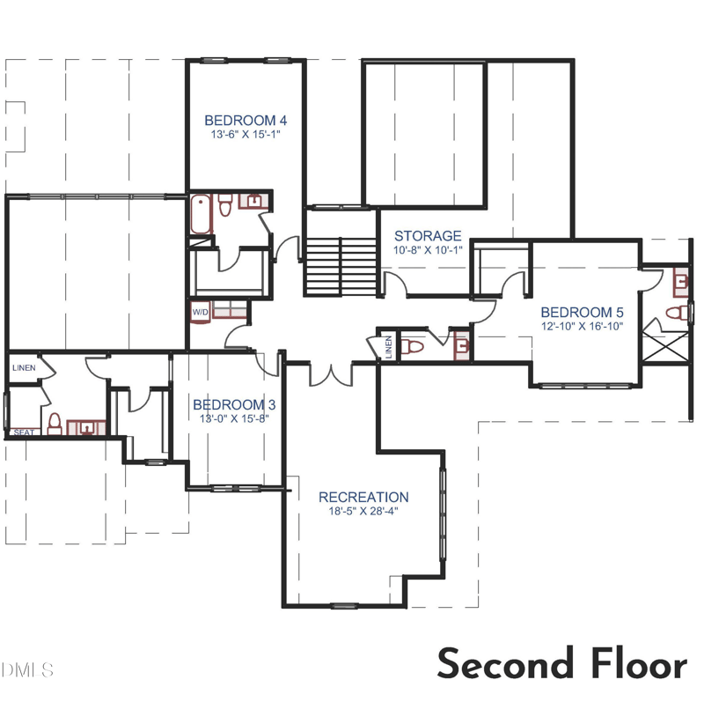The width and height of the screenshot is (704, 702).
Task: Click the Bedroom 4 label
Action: pyautogui.click(x=246, y=121)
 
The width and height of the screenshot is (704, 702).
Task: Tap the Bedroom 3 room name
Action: pyautogui.click(x=234, y=404)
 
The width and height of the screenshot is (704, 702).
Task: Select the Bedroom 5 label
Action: pyautogui.click(x=582, y=313)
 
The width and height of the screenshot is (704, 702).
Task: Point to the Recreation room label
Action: pyautogui.click(x=363, y=497)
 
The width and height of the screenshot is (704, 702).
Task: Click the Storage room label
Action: pyautogui.click(x=428, y=236)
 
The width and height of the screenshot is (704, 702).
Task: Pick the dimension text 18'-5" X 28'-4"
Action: pyautogui.click(x=363, y=511)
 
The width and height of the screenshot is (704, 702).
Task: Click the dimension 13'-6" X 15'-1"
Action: pyautogui.click(x=246, y=135)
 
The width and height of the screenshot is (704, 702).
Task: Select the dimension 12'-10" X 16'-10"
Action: pyautogui.click(x=583, y=326)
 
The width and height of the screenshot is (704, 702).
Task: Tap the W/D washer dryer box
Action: pyautogui.click(x=201, y=312)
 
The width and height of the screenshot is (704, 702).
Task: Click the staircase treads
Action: pyautogui.click(x=341, y=266)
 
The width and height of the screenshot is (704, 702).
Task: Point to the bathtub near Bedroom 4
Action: pyautogui.click(x=201, y=214)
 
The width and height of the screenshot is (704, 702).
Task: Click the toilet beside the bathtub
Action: pyautogui.click(x=224, y=205)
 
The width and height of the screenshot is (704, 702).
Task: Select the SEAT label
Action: pyautogui.click(x=24, y=432)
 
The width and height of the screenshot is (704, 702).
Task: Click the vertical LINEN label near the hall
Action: pyautogui.click(x=389, y=347)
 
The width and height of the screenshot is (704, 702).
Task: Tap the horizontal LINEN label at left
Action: pyautogui.click(x=24, y=367)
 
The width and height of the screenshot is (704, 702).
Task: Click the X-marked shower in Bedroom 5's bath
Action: pyautogui.click(x=665, y=346)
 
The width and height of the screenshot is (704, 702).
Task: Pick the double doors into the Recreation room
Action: pyautogui.click(x=332, y=374)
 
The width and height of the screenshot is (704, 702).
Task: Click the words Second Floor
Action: pyautogui.click(x=562, y=663)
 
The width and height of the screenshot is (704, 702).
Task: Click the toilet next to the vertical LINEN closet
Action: pyautogui.click(x=412, y=347)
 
